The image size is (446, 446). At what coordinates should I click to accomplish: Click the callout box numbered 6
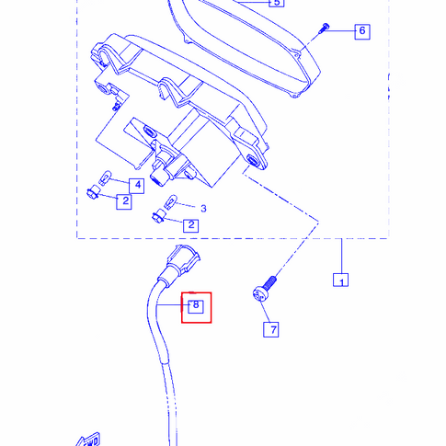pos(362,31)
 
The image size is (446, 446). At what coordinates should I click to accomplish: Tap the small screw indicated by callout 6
pos(324,29)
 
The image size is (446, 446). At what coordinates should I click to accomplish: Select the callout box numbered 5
pos(277,3)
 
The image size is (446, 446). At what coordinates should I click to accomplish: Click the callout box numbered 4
pos(136,186)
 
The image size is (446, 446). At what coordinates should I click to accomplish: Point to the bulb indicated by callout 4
pos(105,178)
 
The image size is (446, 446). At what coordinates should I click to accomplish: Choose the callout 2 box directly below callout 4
pos(124,201)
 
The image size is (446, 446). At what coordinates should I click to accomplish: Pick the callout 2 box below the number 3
pos(191,225)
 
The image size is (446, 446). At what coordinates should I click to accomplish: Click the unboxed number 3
pos(203,209)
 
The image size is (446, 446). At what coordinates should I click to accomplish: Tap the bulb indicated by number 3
pos(171,201)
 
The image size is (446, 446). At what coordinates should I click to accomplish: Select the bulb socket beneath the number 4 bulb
pos(94,193)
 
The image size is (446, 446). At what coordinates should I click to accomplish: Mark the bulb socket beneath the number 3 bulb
pos(159,216)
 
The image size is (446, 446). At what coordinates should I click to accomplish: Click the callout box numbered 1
pos(340,280)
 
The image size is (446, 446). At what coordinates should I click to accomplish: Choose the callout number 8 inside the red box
pos(196,305)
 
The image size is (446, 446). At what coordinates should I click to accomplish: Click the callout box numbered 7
pos(271,329)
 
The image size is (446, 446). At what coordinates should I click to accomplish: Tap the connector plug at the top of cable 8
pos(181,262)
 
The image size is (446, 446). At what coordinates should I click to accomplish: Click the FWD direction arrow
pos(89,440)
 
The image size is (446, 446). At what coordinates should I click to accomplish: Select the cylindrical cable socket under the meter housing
pos(159,177)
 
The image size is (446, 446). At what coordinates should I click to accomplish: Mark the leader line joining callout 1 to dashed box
pos(342,256)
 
